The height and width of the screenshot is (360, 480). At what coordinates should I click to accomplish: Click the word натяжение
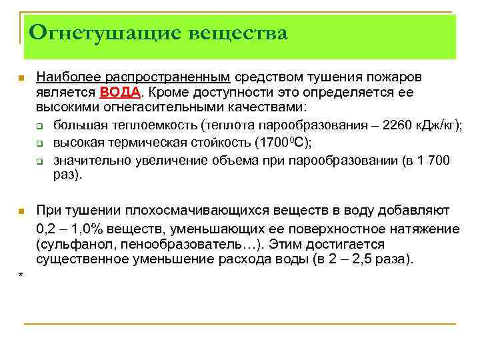427,228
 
